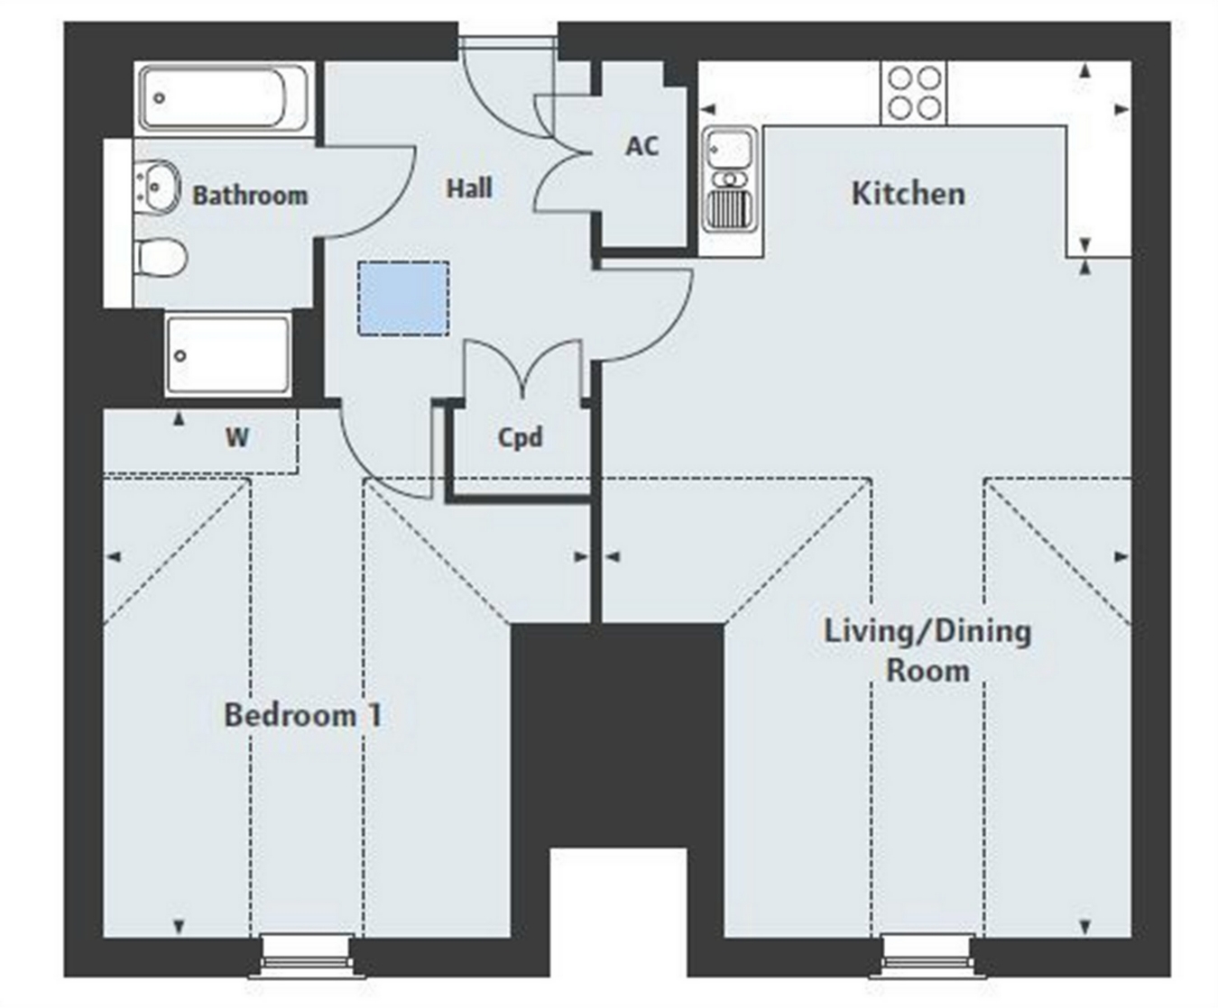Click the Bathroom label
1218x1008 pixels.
pos(250,196)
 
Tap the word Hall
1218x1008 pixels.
pos(469,188)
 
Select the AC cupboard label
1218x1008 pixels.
pos(641,146)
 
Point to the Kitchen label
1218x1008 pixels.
pos(909,194)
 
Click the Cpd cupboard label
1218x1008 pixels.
pos(520,438)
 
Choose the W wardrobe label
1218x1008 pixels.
pos(236,437)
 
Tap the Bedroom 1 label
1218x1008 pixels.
pos(303,715)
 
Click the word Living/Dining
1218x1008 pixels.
pos(927,632)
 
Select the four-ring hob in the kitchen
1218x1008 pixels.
pos(913,93)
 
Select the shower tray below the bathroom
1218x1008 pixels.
pos(228,355)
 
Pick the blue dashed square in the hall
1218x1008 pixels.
pos(403,298)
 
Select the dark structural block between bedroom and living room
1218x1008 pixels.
pos(618,735)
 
